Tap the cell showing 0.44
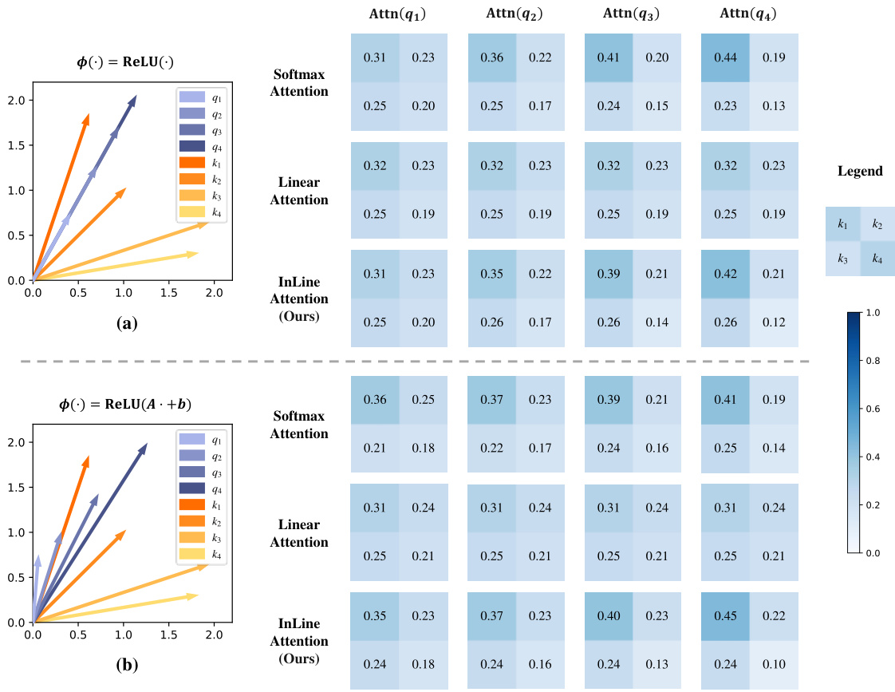click(726, 57)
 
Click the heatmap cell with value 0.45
click(726, 615)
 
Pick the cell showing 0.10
click(774, 664)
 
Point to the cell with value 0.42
click(726, 273)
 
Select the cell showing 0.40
click(609, 615)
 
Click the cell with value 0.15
click(656, 105)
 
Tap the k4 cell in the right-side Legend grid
click(877, 259)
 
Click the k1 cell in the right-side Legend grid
click(843, 225)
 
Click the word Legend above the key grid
click(860, 171)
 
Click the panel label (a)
click(127, 322)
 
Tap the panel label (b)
click(127, 664)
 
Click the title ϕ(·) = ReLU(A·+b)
click(127, 403)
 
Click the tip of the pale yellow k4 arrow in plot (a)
click(197, 253)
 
